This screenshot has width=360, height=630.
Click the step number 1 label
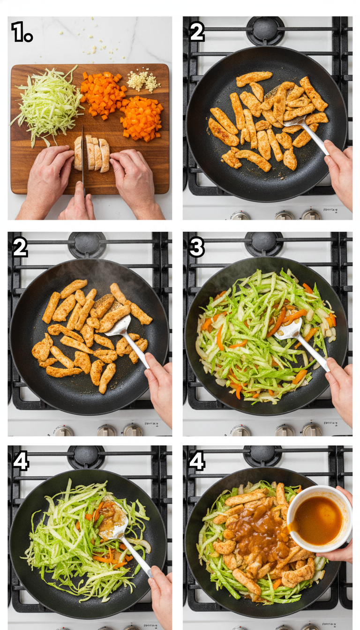[21, 32]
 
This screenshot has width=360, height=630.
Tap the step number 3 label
[197, 247]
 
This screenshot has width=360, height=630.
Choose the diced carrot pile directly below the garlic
[142, 118]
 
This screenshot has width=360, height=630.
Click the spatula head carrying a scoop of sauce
[113, 521]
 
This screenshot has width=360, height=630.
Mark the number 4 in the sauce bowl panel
[197, 461]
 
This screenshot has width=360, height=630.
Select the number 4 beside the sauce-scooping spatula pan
[21, 461]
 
